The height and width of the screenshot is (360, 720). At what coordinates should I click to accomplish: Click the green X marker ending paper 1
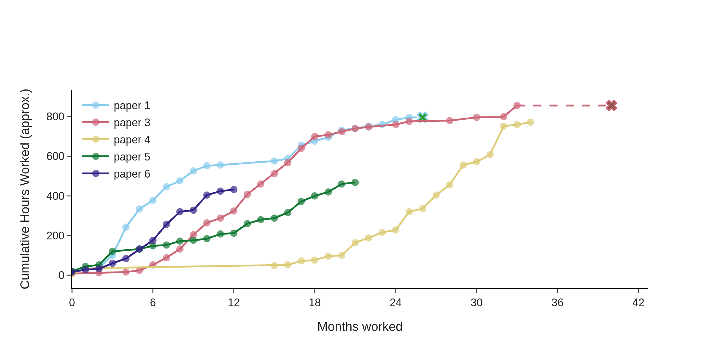point(422,117)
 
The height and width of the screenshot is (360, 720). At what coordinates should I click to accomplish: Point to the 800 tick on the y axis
point(55,117)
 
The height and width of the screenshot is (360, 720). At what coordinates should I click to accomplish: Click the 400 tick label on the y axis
point(55,196)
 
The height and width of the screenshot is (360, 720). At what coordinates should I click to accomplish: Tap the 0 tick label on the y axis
point(61,275)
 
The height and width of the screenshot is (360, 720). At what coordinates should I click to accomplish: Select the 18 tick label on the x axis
point(315,303)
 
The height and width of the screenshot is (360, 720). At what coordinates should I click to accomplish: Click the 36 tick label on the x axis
point(557,303)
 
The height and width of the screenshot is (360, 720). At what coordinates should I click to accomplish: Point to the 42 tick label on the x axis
point(638,303)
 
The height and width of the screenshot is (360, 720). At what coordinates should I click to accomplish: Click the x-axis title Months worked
point(360,327)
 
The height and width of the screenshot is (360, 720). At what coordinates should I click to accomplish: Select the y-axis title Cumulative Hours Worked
point(25,189)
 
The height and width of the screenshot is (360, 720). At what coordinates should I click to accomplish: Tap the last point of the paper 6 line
point(234,190)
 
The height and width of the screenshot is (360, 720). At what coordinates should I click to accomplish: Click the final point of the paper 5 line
point(355,182)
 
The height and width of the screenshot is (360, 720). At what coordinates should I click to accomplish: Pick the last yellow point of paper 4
point(530,122)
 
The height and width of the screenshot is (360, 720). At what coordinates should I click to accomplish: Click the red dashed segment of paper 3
point(564,106)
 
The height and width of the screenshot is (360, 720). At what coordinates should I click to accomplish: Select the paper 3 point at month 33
point(517,106)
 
